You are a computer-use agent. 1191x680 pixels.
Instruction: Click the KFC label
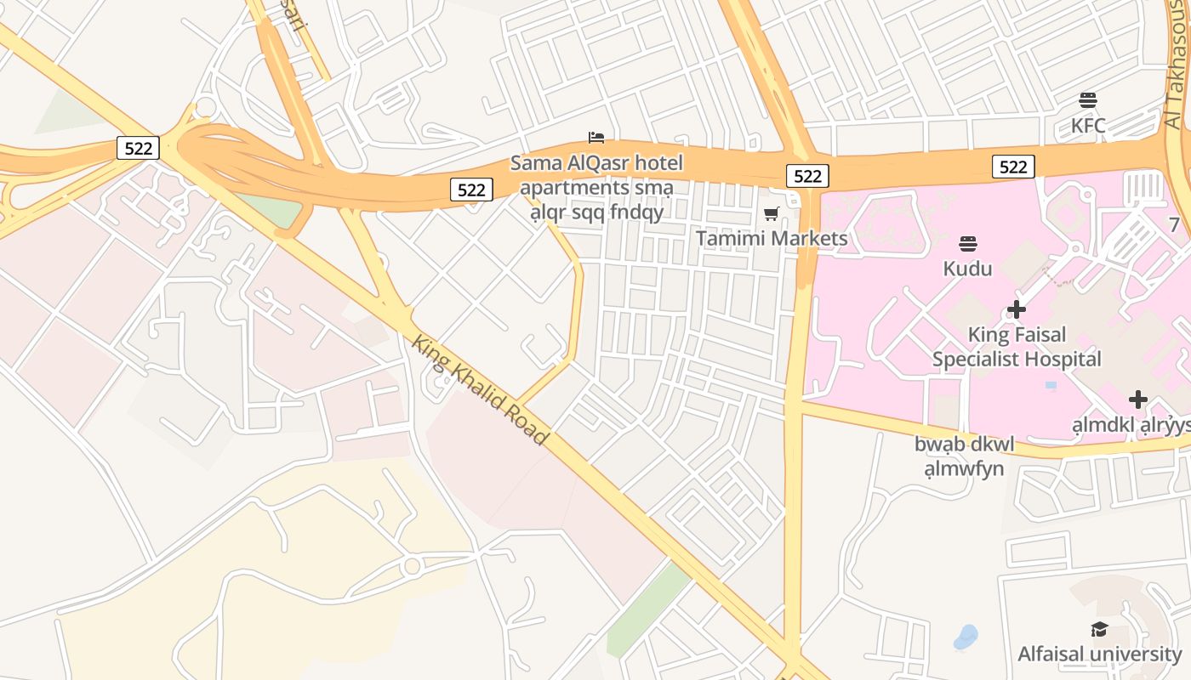point(1087,126)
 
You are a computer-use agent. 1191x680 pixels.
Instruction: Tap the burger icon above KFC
point(1087,100)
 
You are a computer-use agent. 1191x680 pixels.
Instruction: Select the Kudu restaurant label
point(967,269)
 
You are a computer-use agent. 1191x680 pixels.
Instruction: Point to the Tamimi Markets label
point(772,238)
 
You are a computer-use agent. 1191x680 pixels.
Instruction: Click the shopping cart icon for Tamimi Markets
point(772,213)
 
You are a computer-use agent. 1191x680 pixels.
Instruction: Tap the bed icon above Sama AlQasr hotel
point(596,137)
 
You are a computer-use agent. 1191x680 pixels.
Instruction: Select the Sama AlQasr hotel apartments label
point(596,187)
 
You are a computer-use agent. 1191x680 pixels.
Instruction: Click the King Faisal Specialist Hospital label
point(1017,347)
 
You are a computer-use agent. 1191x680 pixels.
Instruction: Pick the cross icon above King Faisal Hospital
point(1017,309)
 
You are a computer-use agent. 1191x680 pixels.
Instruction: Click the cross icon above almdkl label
point(1138,399)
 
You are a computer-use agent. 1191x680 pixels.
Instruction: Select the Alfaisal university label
point(1099,654)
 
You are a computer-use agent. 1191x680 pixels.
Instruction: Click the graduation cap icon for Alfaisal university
point(1099,630)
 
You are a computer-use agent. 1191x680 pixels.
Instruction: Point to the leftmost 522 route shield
point(138,149)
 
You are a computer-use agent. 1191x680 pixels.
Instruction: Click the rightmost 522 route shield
point(1012,167)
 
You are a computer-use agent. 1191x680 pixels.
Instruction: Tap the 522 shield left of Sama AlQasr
point(470,190)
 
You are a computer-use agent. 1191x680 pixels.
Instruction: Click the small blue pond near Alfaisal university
point(966,637)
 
